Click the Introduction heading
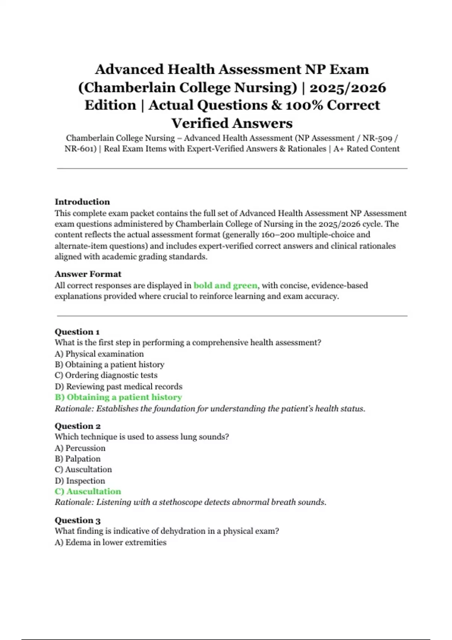[x=82, y=202]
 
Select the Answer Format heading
[x=88, y=274]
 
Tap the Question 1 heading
[x=77, y=332]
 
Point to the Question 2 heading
[x=77, y=426]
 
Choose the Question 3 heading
[x=77, y=520]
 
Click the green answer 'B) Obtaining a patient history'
[x=118, y=397]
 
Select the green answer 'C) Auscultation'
[x=88, y=491]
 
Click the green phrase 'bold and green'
[x=225, y=285]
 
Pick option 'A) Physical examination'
[x=99, y=354]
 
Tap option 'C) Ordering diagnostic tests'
[x=106, y=375]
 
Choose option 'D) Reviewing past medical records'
[x=118, y=386]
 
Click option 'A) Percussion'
[x=80, y=448]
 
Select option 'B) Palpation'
[x=78, y=459]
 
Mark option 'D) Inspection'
[x=80, y=481]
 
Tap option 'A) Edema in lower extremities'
[x=110, y=542]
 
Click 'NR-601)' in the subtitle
[x=80, y=149]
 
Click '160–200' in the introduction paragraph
[x=277, y=235]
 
